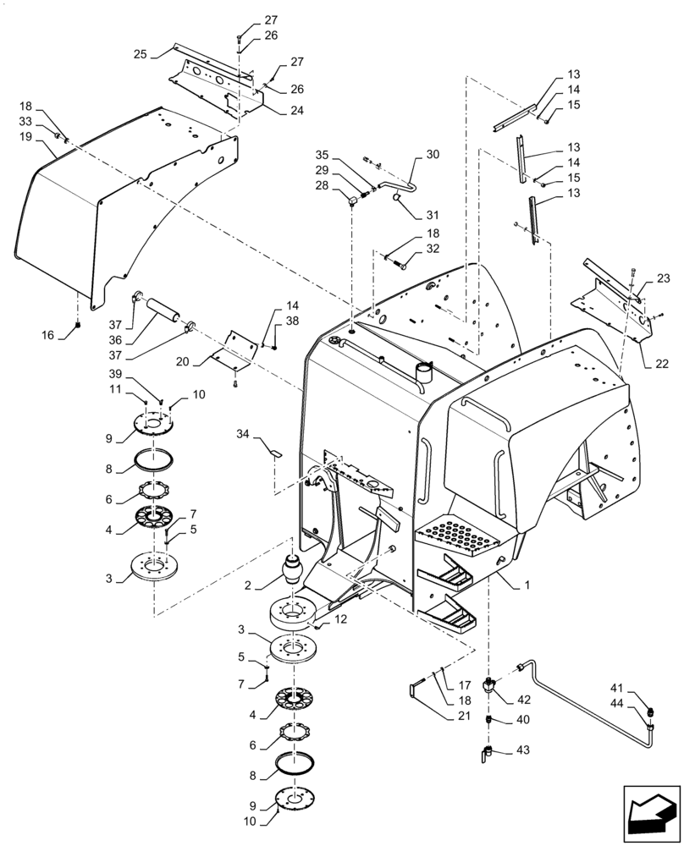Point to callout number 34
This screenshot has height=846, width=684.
(244, 434)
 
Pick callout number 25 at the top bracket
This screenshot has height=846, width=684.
(140, 53)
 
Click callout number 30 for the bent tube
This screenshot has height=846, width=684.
(433, 155)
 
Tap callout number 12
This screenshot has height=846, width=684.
(341, 620)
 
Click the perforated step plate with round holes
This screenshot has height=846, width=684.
(457, 536)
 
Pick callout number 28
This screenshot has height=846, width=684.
(322, 185)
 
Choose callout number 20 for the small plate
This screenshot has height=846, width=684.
(183, 361)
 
